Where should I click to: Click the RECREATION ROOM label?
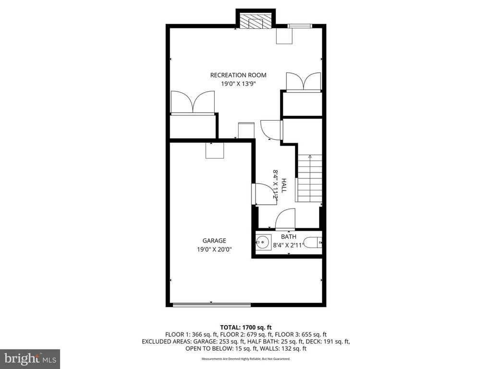click(x=238, y=75)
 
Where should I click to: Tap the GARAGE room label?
click(x=214, y=241)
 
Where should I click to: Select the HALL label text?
click(x=284, y=186)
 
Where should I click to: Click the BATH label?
click(x=288, y=236)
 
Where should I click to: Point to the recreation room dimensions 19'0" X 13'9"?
click(x=238, y=84)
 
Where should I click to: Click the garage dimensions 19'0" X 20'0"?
click(x=214, y=249)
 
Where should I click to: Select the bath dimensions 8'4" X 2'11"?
click(x=289, y=245)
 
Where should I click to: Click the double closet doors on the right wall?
click(x=303, y=82)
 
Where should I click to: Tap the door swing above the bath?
click(x=284, y=219)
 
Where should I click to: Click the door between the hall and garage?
click(x=264, y=194)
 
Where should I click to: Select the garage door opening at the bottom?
click(x=211, y=304)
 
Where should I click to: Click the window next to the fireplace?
click(x=299, y=25)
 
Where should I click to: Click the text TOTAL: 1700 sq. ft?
click(x=246, y=327)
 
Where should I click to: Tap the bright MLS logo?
click(x=30, y=358)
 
